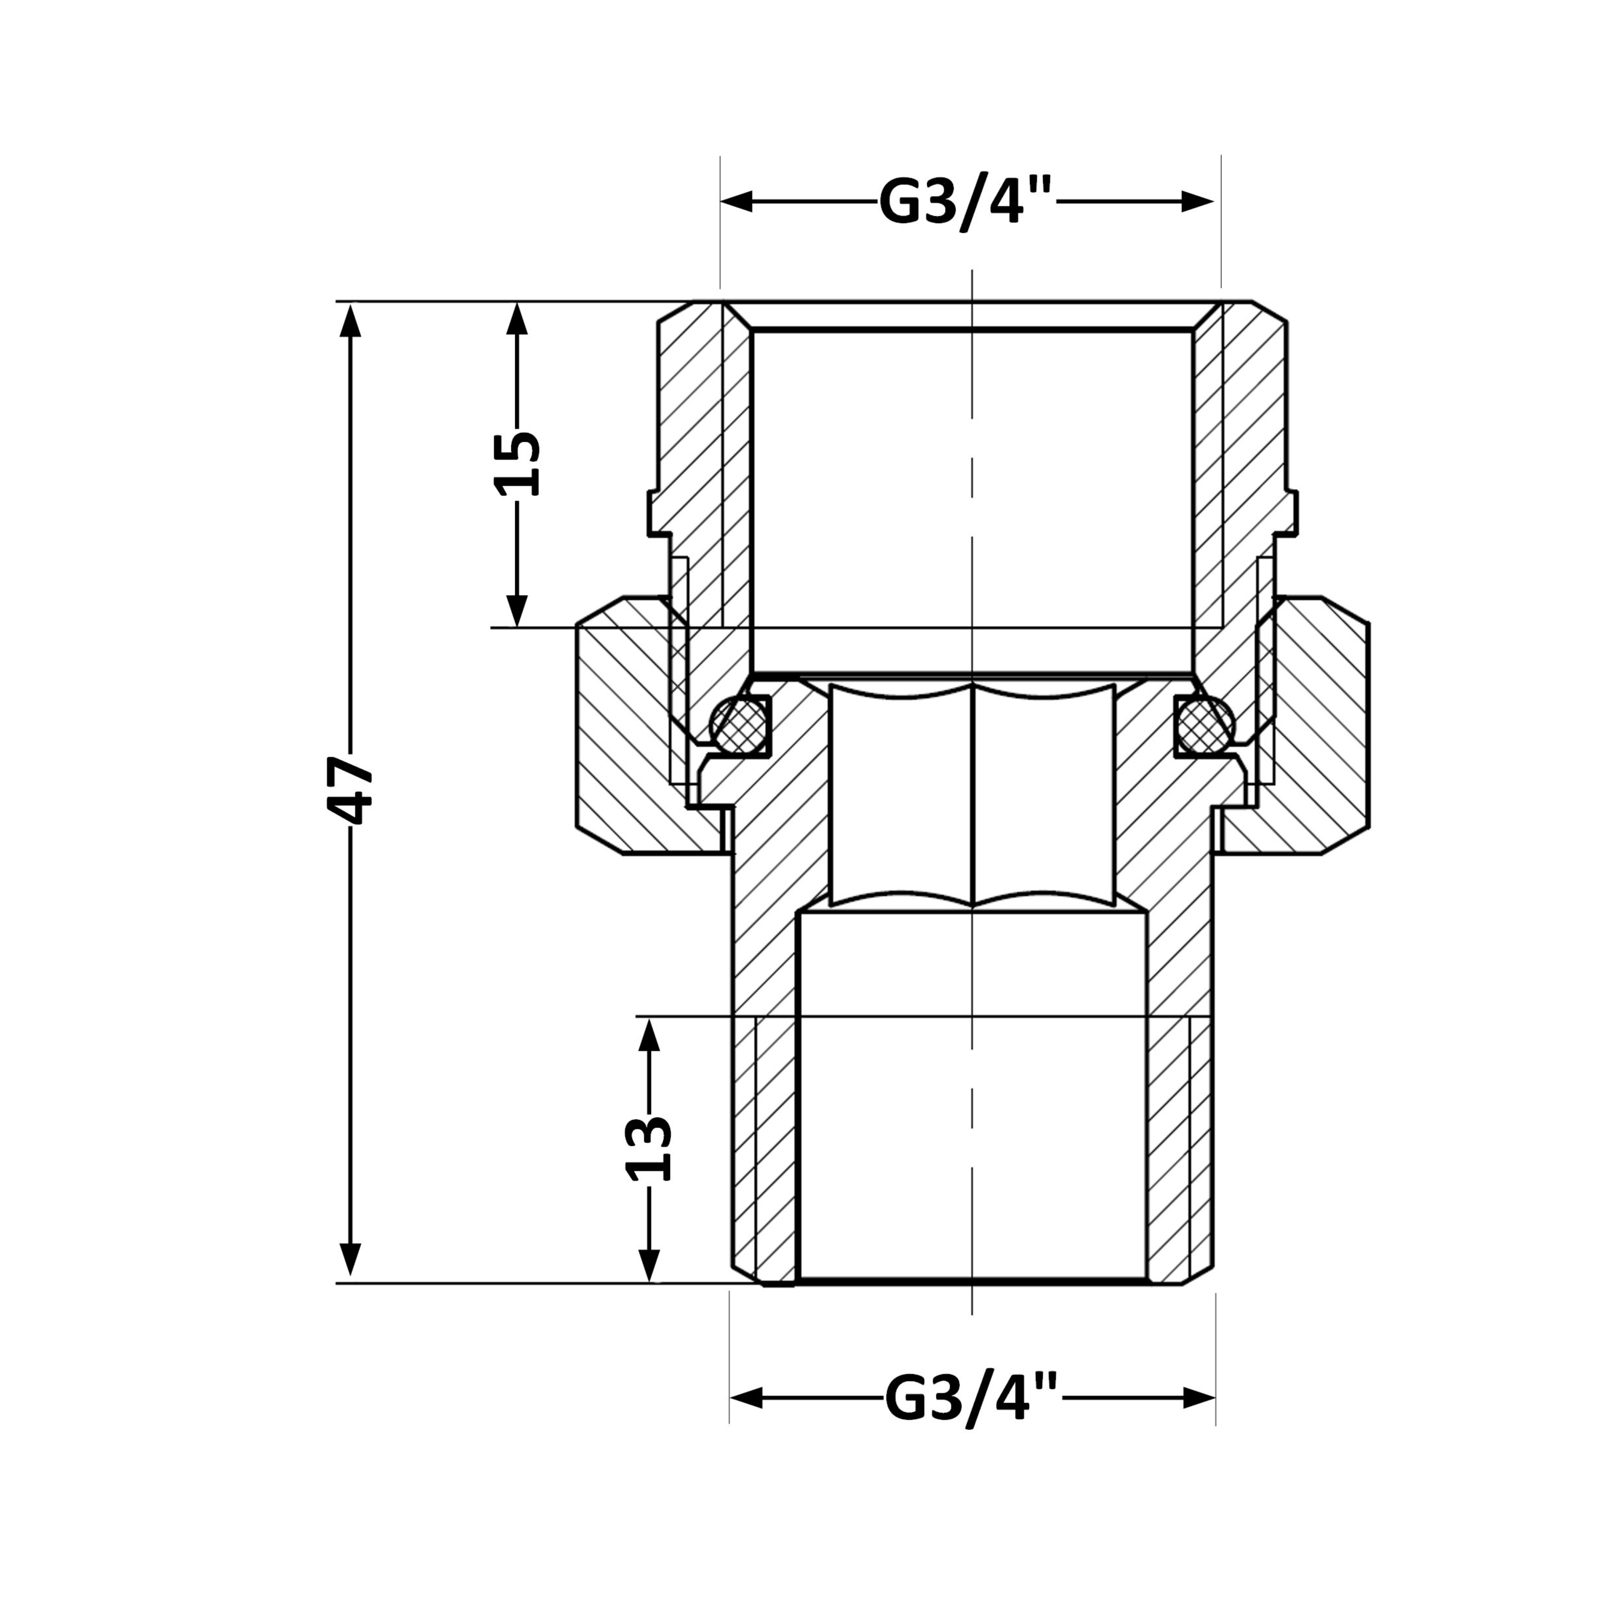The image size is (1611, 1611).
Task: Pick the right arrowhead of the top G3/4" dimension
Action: tap(1197, 201)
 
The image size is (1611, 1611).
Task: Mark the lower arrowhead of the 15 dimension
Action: tap(518, 611)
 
